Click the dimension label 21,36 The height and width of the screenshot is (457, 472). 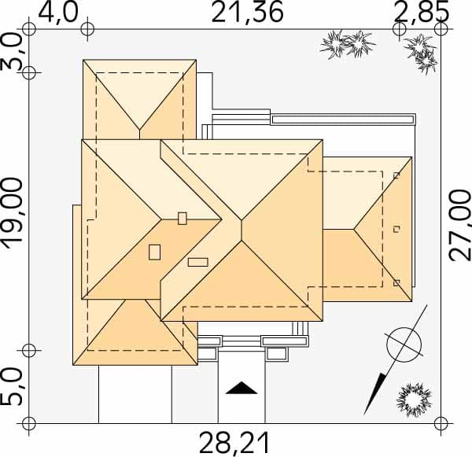[247, 12]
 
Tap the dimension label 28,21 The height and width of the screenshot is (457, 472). [234, 443]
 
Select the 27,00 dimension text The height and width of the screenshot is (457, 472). [459, 225]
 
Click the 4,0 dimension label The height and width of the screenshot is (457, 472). [58, 13]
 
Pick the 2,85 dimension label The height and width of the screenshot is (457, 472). [422, 12]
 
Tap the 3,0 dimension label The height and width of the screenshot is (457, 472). [12, 52]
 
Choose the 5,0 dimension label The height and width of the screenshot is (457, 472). [12, 388]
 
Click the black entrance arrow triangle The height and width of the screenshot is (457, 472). [242, 389]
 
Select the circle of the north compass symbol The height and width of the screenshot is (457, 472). [404, 345]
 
